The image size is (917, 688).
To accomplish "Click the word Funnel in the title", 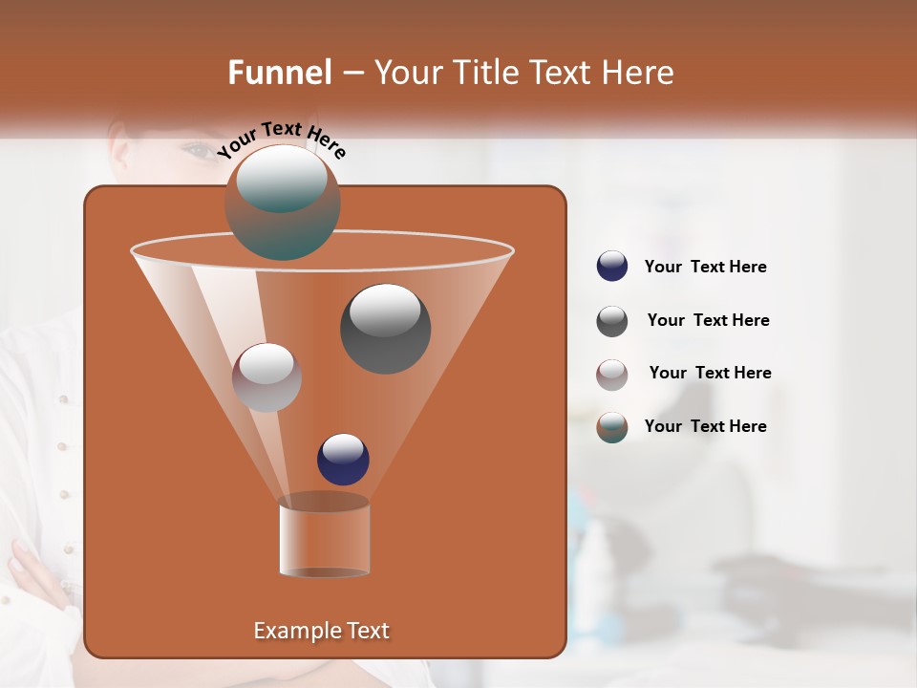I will click(280, 73).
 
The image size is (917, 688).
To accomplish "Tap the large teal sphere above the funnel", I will click(283, 202).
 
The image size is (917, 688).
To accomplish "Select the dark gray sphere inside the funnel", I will click(386, 328).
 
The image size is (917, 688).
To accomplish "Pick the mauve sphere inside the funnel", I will click(267, 377).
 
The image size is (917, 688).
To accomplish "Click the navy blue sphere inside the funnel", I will click(343, 459).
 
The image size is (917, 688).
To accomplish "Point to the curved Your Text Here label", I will click(282, 139).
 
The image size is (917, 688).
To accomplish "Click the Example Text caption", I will click(321, 631).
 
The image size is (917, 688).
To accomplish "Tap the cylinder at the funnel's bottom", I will click(325, 537).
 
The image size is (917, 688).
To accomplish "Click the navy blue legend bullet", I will click(612, 267).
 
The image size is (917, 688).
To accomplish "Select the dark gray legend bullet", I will click(612, 321).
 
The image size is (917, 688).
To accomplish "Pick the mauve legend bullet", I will click(612, 375).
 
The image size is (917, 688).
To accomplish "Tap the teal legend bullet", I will click(612, 427).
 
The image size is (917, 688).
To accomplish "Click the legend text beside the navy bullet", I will click(706, 268).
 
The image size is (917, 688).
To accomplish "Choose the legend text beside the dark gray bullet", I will click(708, 321).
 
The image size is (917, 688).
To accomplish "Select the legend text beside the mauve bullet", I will click(710, 374).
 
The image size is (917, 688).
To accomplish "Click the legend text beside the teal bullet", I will click(706, 426).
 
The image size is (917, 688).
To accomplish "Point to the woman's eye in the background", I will click(199, 150).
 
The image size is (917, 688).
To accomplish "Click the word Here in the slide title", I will click(637, 73).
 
